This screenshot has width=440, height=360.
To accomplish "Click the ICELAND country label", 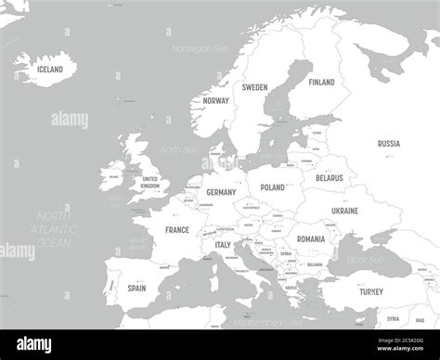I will click(50, 70).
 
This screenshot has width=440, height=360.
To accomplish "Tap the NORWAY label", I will click(216, 100).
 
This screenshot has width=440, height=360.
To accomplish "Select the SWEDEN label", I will click(254, 87).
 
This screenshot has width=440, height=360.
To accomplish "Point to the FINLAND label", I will click(321, 82).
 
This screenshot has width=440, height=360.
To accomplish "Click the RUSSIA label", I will click(389, 144).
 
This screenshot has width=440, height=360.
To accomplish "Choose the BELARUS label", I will click(330, 177).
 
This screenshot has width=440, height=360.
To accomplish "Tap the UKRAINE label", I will click(344, 211).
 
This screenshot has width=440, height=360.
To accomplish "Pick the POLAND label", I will click(273, 187).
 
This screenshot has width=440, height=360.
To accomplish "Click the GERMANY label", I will click(221, 192).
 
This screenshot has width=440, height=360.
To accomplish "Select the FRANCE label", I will click(177, 230).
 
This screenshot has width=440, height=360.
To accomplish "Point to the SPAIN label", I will click(136, 288).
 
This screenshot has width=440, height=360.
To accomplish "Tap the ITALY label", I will click(223, 245).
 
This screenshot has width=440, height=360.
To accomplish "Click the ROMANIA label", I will click(311, 238).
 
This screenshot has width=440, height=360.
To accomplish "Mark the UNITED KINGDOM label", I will click(149, 182).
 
